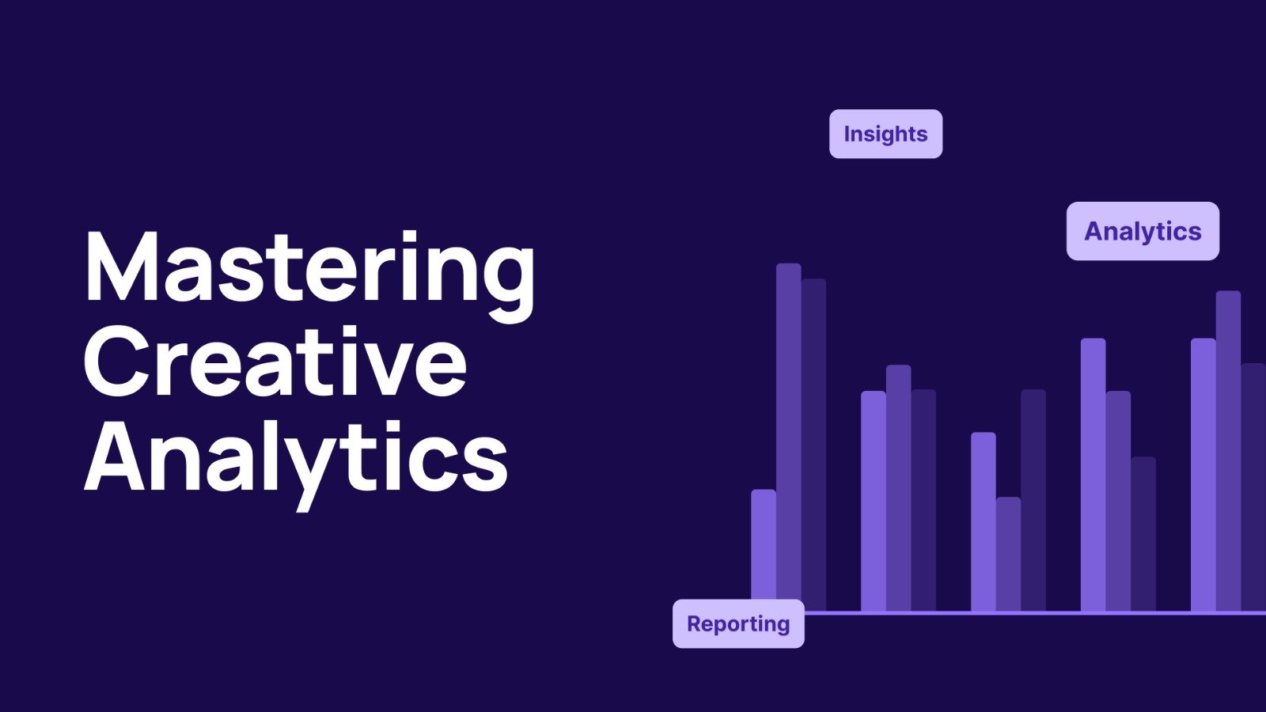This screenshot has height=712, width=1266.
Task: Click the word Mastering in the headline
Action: click(x=309, y=276)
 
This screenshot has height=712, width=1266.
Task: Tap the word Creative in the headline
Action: click(x=275, y=362)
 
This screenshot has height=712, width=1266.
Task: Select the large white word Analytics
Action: click(x=296, y=464)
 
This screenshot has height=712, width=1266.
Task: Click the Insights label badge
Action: click(x=885, y=134)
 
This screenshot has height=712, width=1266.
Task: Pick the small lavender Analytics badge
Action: click(x=1143, y=231)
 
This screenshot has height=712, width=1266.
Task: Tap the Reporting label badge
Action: click(x=738, y=624)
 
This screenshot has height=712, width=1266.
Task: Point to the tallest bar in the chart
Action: click(x=788, y=437)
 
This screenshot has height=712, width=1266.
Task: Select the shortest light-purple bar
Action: click(x=764, y=550)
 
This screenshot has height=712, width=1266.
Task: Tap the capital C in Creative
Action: click(x=118, y=362)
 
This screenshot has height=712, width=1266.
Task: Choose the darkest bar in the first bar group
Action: click(x=814, y=445)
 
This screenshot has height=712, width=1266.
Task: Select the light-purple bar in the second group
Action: click(x=874, y=501)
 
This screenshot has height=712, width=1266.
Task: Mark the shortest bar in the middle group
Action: click(x=1008, y=554)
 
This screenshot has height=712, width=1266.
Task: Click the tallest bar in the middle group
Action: click(x=1033, y=500)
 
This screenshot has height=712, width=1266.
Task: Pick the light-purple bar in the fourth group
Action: click(x=1093, y=475)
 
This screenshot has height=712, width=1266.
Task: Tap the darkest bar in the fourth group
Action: click(x=1143, y=534)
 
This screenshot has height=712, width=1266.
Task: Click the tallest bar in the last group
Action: click(x=1228, y=451)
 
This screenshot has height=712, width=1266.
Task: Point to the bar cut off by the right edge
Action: click(x=1253, y=487)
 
